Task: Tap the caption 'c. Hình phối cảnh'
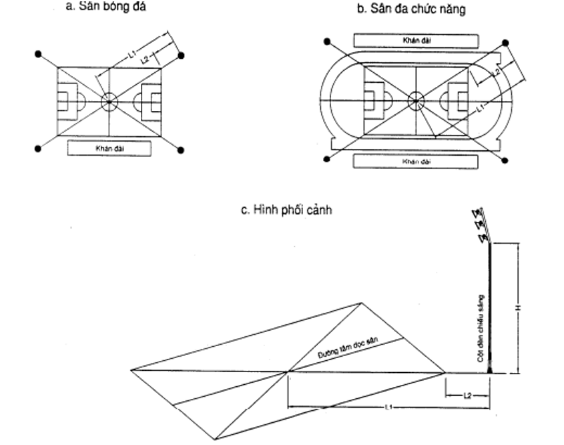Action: point(286,210)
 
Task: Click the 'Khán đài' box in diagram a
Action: point(109,149)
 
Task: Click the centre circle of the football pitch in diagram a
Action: point(109,102)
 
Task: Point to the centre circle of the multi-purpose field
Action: point(415,101)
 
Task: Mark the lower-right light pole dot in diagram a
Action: point(180,150)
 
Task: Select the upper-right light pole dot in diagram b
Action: point(506,43)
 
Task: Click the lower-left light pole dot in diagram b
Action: point(326,159)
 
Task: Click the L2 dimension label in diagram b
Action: point(495,71)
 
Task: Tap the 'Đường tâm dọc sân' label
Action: point(348,349)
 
